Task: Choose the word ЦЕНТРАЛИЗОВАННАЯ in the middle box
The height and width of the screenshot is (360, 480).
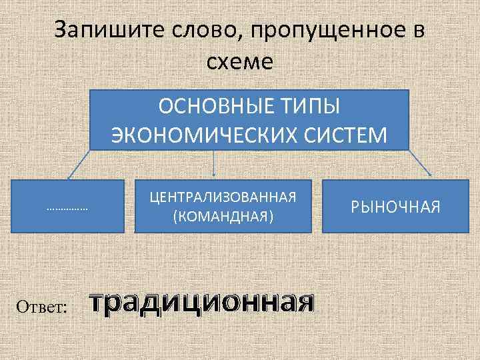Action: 223,198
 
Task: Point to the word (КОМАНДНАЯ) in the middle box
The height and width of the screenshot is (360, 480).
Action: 223,217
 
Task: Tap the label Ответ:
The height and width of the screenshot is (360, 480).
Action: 41,307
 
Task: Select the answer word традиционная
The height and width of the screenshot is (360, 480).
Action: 202,303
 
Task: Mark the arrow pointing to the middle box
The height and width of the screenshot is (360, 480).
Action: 213,164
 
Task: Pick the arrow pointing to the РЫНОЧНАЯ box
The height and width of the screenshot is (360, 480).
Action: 419,164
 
